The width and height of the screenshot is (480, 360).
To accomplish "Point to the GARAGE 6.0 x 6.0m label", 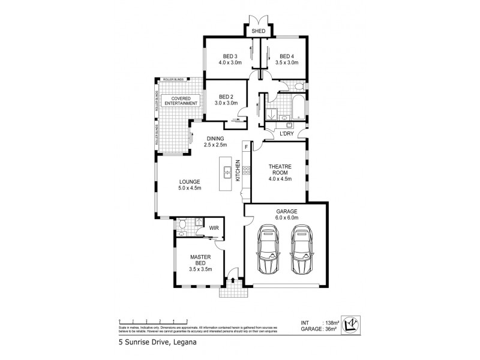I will coord(286,214).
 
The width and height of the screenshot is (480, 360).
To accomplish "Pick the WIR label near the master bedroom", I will coord(214,228).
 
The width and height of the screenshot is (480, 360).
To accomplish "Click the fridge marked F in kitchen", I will coord(245,146).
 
